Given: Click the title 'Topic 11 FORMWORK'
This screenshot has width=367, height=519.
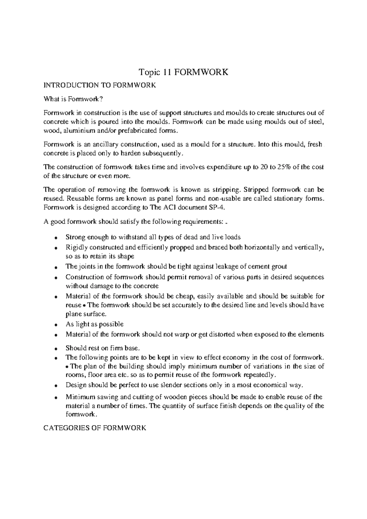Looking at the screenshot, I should pos(183,72).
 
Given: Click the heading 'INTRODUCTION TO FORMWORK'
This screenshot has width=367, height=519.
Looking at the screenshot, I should pos(100,85).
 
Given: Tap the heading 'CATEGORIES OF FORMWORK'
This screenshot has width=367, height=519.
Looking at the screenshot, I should pos(95,428).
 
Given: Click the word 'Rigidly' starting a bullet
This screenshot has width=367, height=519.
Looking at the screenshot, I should pos(74,247).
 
